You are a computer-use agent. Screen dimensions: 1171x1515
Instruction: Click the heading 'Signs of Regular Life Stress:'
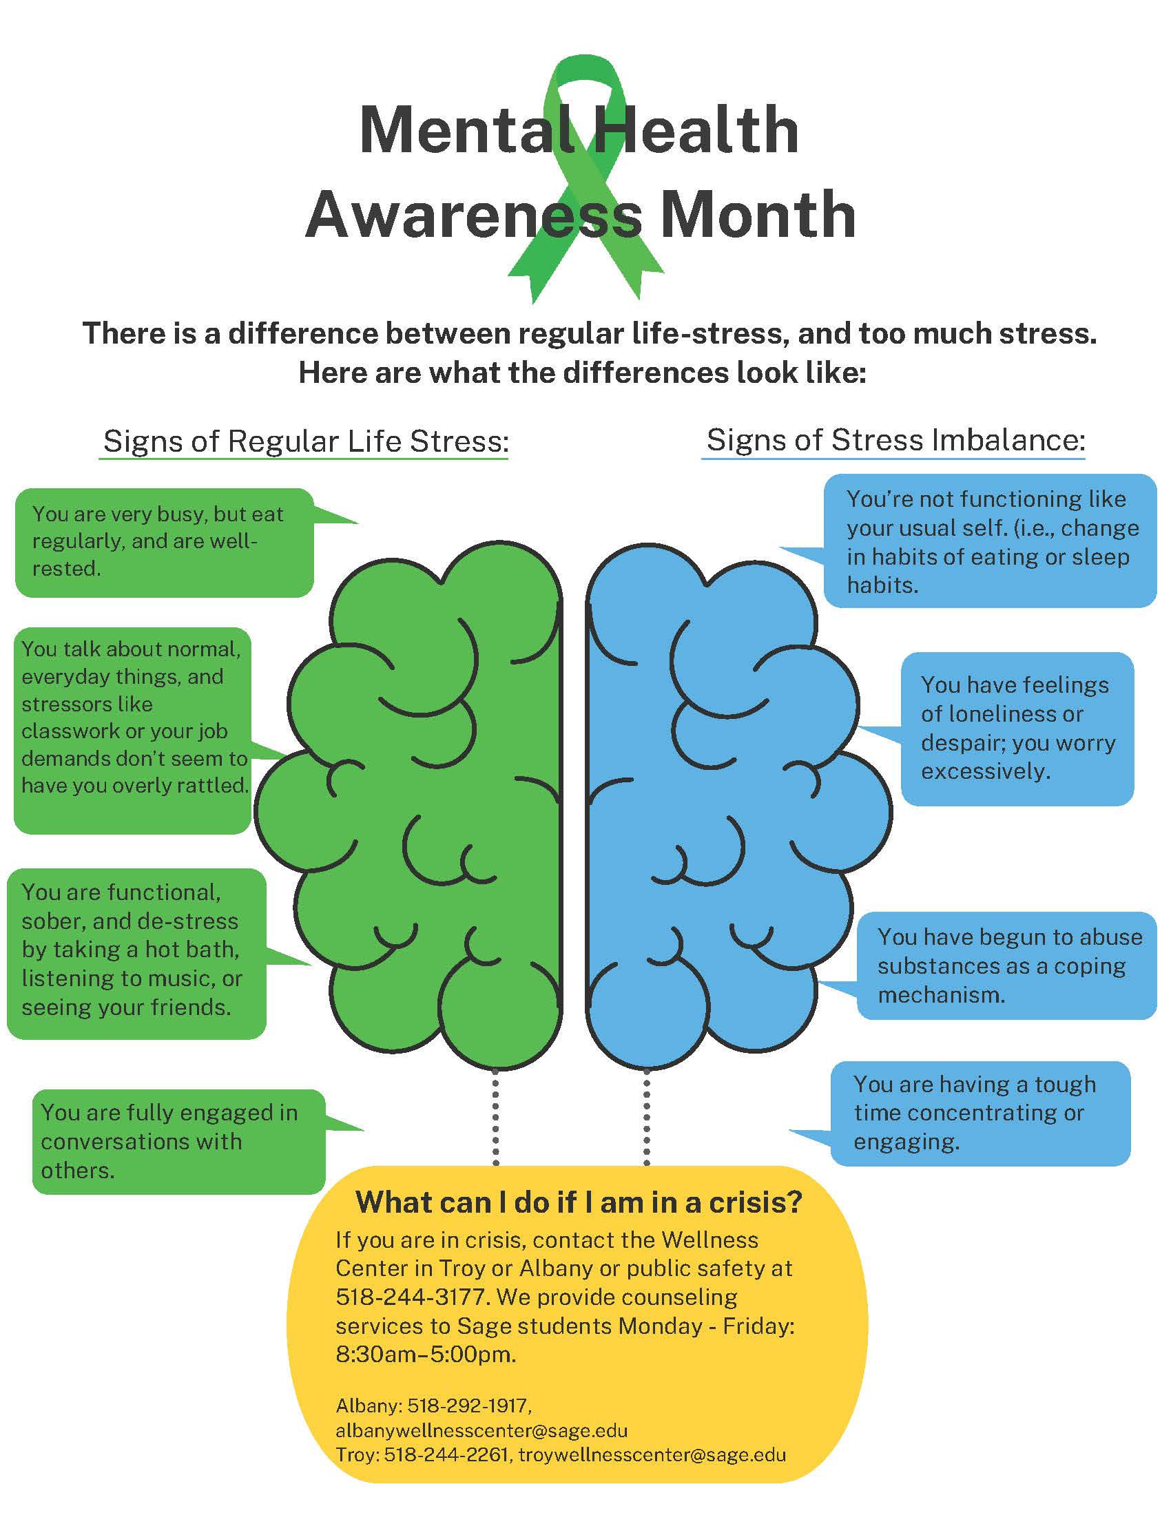[306, 441]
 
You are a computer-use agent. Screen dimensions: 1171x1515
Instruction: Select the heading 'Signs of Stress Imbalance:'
[895, 440]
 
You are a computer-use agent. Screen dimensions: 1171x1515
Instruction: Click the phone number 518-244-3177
[413, 1297]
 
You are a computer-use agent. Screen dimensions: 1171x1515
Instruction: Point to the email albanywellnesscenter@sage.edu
[481, 1430]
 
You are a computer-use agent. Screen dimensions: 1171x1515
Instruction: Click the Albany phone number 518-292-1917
[470, 1406]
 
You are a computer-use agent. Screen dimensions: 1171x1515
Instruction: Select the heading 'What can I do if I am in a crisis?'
[579, 1202]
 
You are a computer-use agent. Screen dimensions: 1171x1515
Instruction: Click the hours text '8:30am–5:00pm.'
[426, 1354]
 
